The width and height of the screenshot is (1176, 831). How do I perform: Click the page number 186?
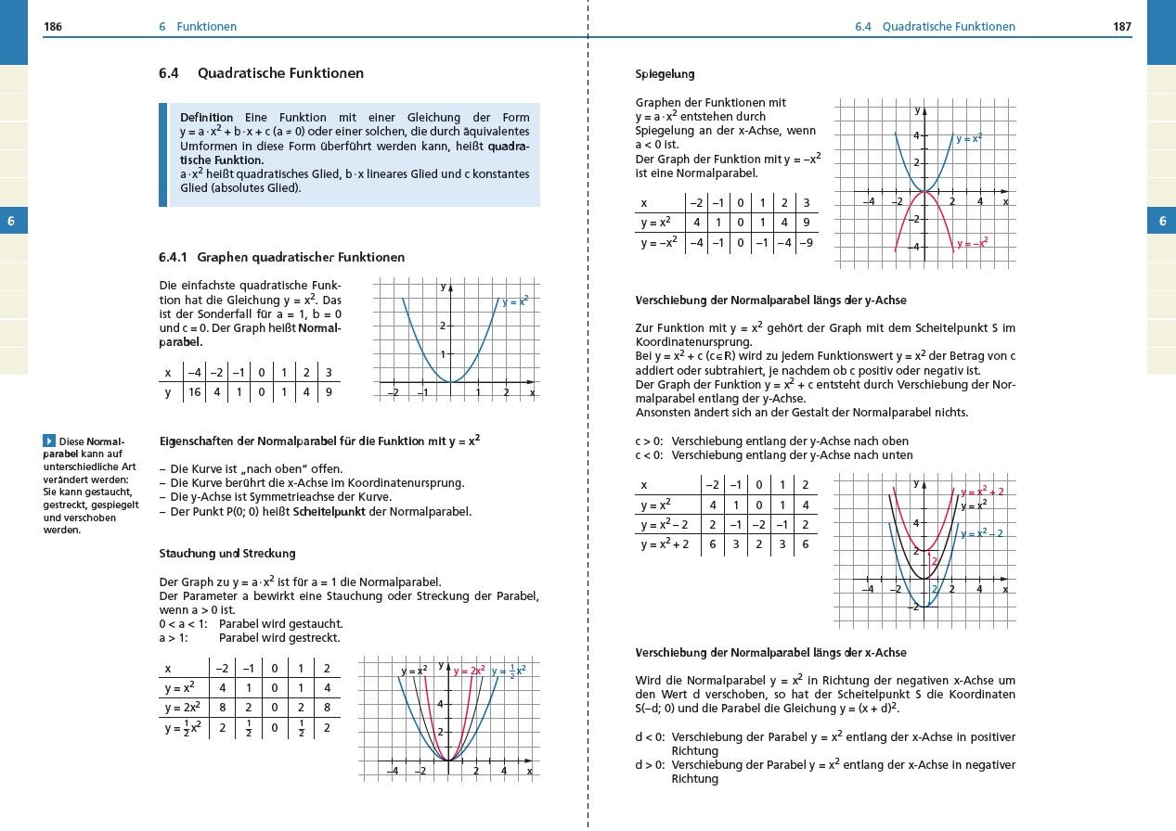click(x=53, y=27)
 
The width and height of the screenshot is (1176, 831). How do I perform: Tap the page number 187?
click(x=1122, y=27)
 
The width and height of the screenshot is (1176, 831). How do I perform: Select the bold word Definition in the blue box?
click(x=206, y=118)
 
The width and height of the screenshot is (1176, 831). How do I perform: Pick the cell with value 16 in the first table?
click(x=194, y=392)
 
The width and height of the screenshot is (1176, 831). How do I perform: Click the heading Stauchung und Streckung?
click(x=227, y=554)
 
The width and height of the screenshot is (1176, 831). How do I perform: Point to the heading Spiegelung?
click(x=665, y=74)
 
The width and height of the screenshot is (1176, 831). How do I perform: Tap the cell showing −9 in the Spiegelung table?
click(x=806, y=243)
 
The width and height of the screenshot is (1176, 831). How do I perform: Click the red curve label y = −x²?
click(x=971, y=242)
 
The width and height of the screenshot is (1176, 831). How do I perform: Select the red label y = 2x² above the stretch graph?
click(x=469, y=671)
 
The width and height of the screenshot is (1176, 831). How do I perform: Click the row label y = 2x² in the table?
click(x=184, y=708)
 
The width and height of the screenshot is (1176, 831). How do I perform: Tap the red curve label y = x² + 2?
click(x=982, y=492)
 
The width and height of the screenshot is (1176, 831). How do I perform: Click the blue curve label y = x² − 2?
click(x=982, y=533)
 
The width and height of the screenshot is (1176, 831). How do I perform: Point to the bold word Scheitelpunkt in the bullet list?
click(x=329, y=512)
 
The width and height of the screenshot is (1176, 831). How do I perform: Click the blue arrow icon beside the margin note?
click(x=50, y=441)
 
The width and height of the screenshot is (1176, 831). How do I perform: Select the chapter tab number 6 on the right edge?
click(x=1161, y=221)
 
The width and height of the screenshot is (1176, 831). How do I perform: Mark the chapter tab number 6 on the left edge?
click(x=12, y=221)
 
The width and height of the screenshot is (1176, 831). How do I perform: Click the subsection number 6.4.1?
click(x=174, y=257)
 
